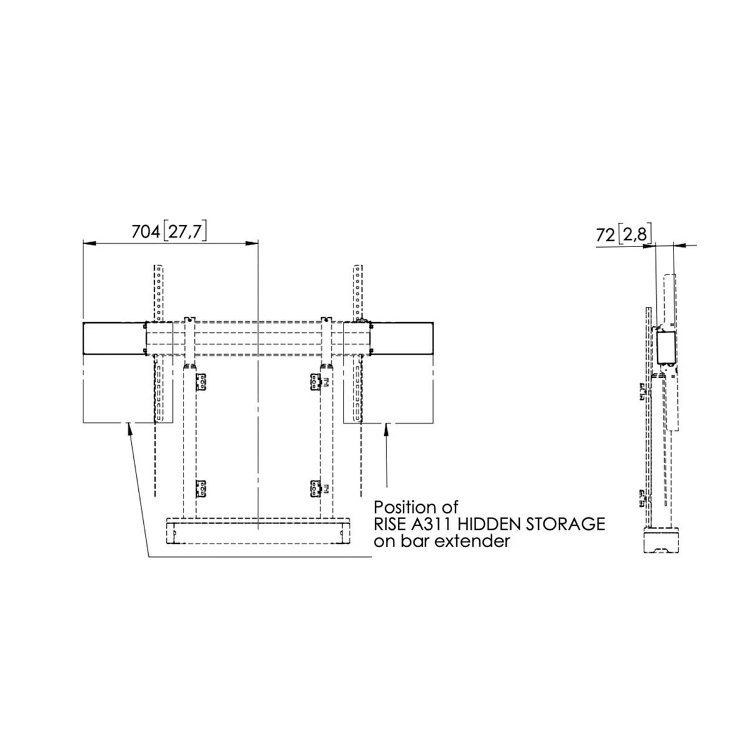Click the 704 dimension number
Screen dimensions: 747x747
coord(146,232)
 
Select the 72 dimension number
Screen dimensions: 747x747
coord(606,235)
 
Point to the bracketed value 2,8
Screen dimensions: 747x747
coord(634,235)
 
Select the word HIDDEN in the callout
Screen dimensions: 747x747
coord(492,524)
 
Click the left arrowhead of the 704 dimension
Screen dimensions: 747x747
coord(90,243)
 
